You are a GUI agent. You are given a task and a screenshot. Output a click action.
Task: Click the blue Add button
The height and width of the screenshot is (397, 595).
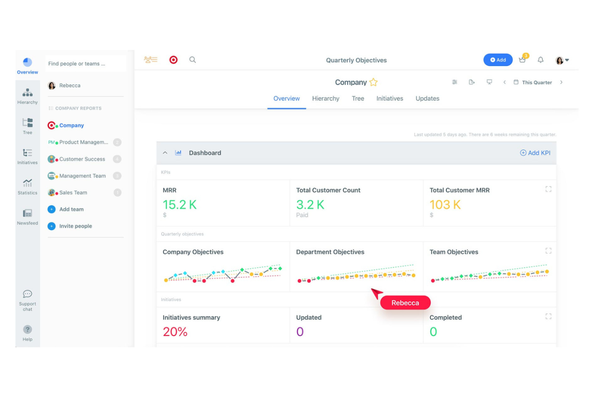click(497, 60)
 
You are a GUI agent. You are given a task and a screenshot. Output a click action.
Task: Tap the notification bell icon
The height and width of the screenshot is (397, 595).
click(540, 60)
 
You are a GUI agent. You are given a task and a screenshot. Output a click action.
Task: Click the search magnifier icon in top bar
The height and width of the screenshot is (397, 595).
click(193, 60)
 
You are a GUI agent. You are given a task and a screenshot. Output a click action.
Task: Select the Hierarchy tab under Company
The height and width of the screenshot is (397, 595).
click(326, 99)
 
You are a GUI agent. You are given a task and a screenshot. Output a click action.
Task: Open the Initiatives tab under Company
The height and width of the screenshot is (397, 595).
click(390, 99)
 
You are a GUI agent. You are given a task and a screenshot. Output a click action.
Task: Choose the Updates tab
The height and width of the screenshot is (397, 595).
click(427, 99)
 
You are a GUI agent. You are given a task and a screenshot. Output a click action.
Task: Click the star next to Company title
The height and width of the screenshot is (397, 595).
click(373, 82)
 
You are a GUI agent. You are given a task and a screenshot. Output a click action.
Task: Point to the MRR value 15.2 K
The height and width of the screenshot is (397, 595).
click(180, 205)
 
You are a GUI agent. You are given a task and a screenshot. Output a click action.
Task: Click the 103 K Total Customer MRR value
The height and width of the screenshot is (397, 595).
click(445, 205)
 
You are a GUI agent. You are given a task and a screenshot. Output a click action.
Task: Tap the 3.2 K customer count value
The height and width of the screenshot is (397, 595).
click(310, 205)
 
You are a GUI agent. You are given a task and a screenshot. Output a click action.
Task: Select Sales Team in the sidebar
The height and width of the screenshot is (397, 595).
click(73, 193)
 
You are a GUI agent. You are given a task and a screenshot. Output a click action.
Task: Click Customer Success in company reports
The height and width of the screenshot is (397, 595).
click(82, 159)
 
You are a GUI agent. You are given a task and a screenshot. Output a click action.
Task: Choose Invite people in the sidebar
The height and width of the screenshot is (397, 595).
click(76, 226)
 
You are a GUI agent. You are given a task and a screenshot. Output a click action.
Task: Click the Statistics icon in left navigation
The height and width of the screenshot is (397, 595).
click(27, 187)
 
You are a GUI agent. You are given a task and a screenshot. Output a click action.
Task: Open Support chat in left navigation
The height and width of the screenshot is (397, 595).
click(27, 300)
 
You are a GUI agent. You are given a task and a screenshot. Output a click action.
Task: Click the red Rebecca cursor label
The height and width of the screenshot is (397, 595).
click(405, 303)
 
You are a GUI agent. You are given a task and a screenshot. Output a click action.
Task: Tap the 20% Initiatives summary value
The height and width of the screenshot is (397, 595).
click(175, 332)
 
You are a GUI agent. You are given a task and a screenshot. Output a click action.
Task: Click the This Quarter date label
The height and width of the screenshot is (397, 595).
click(537, 82)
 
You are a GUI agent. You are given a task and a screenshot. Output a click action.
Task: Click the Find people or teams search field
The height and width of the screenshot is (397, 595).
click(85, 64)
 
